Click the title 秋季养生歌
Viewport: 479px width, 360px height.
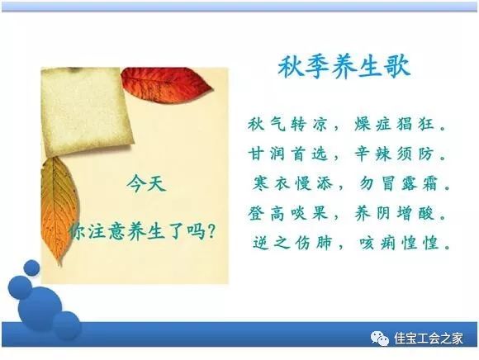coord(344,66)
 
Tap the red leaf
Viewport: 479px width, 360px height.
coord(166,85)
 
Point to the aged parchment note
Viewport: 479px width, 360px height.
coord(87,111)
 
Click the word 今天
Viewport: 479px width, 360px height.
coord(146,184)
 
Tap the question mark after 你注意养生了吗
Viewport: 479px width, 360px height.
coord(211,231)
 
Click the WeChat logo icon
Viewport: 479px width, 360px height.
coord(380,339)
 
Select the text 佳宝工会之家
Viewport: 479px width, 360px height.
coord(429,339)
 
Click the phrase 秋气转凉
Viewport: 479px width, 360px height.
coord(287,124)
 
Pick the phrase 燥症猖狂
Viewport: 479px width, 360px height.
coord(394,124)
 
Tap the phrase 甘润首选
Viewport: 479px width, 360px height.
coord(287,154)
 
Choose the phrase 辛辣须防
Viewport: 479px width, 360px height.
coord(394,154)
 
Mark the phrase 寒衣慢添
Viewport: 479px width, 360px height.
coord(292,183)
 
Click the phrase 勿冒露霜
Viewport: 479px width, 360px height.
coord(398,183)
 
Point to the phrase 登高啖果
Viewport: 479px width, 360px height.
coord(287,213)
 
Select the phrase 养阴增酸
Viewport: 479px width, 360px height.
coord(394,213)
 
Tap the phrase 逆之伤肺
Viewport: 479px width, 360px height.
coord(292,243)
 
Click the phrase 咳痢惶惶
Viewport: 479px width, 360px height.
coord(399,243)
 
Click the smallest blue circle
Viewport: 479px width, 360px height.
coord(31,268)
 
